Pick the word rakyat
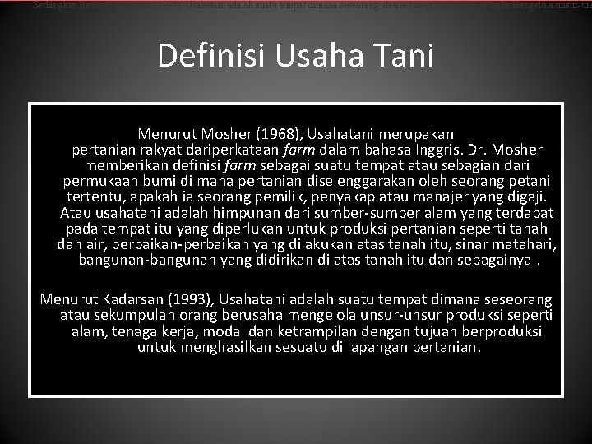161,150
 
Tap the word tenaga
128,332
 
